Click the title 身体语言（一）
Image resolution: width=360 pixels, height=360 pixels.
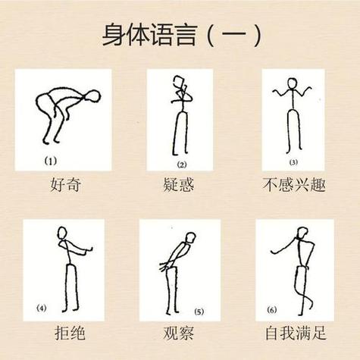(x=182, y=35)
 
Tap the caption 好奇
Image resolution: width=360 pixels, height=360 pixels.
(x=66, y=185)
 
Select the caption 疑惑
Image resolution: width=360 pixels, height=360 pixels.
(x=179, y=185)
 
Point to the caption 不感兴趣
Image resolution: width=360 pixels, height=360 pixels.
(x=294, y=185)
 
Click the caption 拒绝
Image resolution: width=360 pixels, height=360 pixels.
(x=70, y=333)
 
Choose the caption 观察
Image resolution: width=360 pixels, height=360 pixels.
(x=179, y=333)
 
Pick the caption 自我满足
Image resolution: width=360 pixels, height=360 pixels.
(x=296, y=333)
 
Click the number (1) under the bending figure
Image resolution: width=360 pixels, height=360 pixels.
(x=51, y=161)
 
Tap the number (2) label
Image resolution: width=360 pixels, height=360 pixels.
(x=182, y=164)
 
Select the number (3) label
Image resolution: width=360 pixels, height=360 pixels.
(x=293, y=162)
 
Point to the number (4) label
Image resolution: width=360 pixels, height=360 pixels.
(x=42, y=308)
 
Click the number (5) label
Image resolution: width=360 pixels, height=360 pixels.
(x=199, y=312)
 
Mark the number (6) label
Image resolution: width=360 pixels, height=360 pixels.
(x=272, y=310)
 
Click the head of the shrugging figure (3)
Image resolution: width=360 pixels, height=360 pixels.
(x=293, y=83)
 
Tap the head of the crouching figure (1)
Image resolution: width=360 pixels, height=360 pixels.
(x=92, y=96)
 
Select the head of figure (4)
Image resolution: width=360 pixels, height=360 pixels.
(x=62, y=233)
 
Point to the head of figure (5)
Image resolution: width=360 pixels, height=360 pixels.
(x=190, y=238)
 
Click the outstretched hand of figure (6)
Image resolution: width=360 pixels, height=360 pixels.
(x=273, y=252)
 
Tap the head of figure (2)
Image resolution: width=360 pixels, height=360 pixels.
(x=179, y=82)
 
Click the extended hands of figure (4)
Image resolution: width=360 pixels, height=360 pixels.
(x=89, y=250)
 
